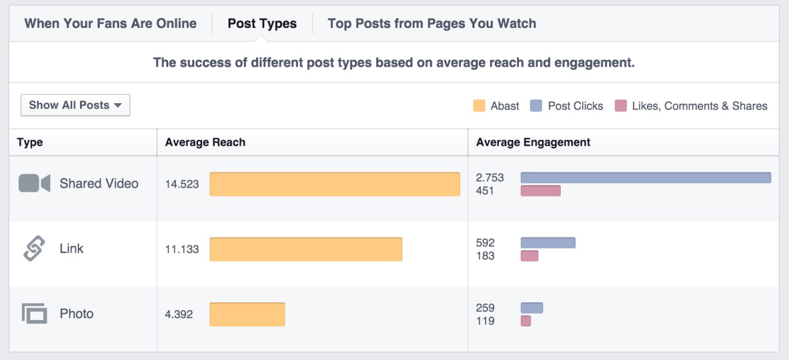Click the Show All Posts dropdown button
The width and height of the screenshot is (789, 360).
point(75,105)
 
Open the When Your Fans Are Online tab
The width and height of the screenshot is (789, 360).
point(110,24)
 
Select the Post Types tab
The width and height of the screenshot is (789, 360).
point(262,24)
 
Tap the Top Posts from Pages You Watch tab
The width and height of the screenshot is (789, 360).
point(432,24)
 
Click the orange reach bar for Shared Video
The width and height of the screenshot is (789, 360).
point(334,184)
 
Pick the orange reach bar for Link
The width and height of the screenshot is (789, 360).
point(306,249)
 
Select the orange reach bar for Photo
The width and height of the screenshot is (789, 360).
point(247,314)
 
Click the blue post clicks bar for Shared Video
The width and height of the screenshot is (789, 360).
point(646,177)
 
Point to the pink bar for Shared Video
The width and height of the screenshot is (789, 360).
point(540,191)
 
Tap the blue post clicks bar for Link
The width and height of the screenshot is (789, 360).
point(547,243)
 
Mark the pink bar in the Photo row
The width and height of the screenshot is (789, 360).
point(526,321)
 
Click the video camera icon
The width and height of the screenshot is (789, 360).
point(34,183)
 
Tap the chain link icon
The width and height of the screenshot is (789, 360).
point(34,249)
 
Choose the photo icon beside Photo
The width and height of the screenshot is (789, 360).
point(35,314)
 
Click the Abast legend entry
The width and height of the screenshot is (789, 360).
point(496,106)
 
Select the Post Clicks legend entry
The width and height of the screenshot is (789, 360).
point(567,106)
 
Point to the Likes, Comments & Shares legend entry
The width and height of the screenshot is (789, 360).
point(691,106)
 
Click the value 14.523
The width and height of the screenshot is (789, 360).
point(182,184)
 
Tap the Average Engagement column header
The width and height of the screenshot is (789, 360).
point(533,143)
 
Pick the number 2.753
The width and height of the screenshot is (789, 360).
point(490,178)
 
